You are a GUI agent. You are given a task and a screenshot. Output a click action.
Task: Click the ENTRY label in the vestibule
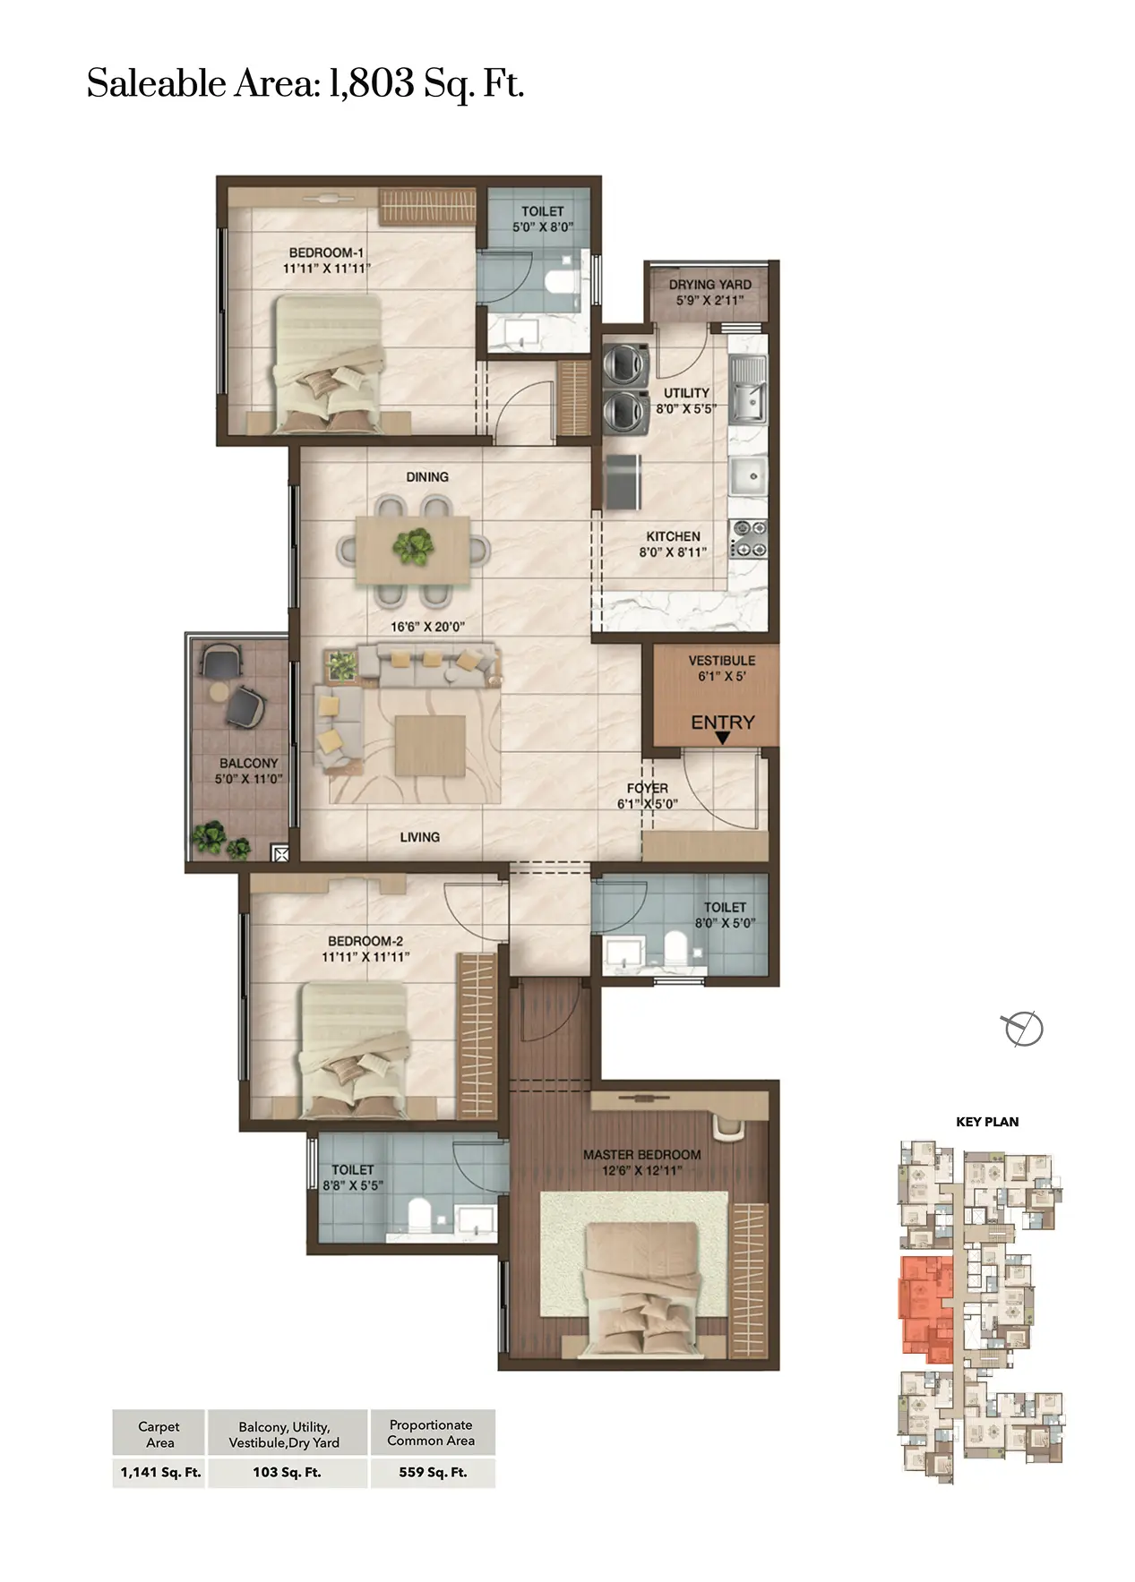pyautogui.click(x=722, y=722)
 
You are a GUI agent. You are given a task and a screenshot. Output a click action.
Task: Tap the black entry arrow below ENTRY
pyautogui.click(x=722, y=738)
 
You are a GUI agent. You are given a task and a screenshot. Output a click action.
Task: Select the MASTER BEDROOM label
pyautogui.click(x=641, y=1154)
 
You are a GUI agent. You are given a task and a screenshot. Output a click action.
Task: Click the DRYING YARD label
pyautogui.click(x=709, y=284)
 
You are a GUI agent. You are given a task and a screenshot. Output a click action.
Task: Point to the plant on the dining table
pyautogui.click(x=412, y=545)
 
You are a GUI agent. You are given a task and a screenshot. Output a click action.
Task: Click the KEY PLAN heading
pyautogui.click(x=987, y=1121)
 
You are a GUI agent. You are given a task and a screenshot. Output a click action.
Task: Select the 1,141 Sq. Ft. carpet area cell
pyautogui.click(x=160, y=1472)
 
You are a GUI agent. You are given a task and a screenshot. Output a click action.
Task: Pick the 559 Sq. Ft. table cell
pyautogui.click(x=433, y=1472)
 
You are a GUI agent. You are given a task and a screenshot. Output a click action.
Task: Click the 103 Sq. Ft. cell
pyautogui.click(x=287, y=1472)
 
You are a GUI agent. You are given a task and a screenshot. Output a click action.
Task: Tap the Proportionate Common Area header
pyautogui.click(x=432, y=1432)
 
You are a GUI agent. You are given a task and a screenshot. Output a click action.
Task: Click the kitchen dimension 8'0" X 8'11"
pyautogui.click(x=673, y=552)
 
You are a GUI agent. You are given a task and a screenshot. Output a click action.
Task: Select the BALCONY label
pyautogui.click(x=248, y=763)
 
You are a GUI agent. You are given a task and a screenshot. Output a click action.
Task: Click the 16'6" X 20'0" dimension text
pyautogui.click(x=427, y=627)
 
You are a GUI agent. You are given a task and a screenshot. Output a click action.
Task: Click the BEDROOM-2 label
pyautogui.click(x=365, y=941)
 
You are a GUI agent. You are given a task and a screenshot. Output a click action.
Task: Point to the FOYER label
pyautogui.click(x=648, y=788)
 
